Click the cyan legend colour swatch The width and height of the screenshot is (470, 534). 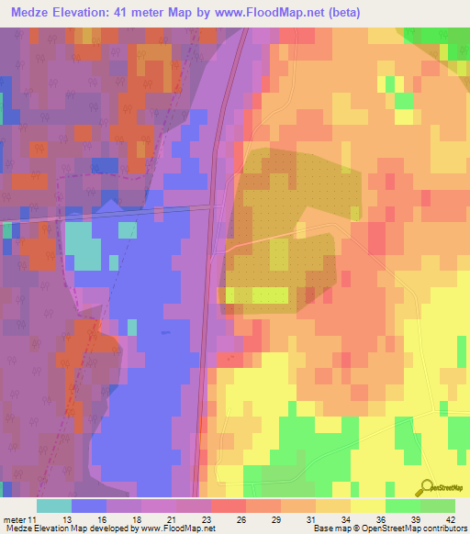(53, 506)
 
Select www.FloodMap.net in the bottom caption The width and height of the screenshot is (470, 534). (175, 528)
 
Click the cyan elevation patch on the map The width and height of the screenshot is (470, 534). (83, 247)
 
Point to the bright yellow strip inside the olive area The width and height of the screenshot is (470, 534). (256, 295)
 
